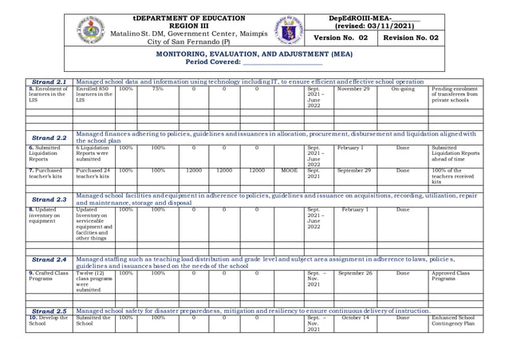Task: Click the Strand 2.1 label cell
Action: pos(50,81)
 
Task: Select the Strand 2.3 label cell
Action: pos(50,199)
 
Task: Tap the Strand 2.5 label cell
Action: pos(50,311)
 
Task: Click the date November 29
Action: pos(353,89)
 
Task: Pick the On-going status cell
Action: pos(402,89)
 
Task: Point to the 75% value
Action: pos(158,89)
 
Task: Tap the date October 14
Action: pos(353,318)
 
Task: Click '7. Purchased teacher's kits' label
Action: pos(49,173)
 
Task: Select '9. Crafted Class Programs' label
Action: pos(50,276)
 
